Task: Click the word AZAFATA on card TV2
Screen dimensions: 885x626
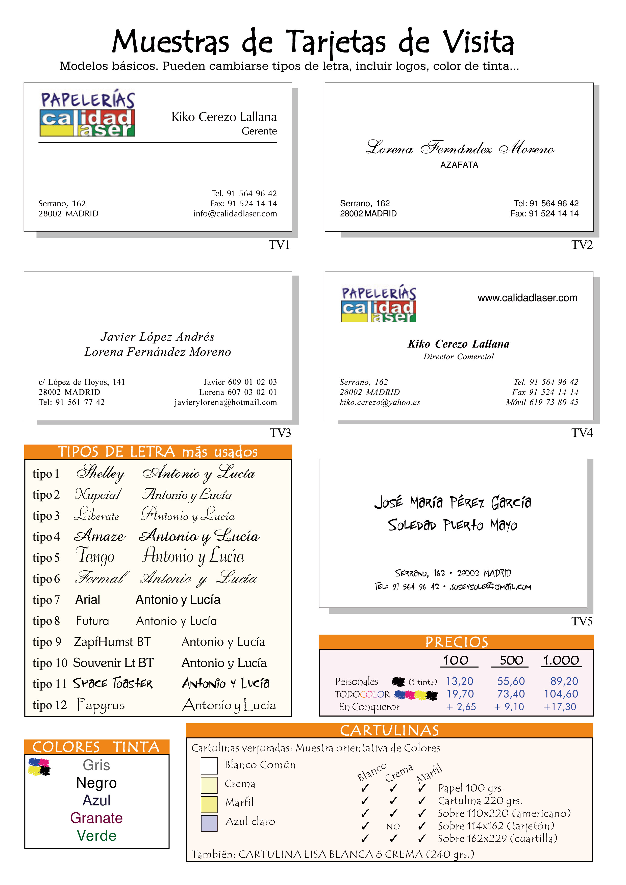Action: pyautogui.click(x=459, y=165)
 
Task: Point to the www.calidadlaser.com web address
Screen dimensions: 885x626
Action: pyautogui.click(x=527, y=298)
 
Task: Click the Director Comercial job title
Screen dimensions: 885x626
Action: pyautogui.click(x=458, y=356)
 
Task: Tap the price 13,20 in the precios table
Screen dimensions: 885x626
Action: pyautogui.click(x=459, y=681)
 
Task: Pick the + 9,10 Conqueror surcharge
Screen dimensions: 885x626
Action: pyautogui.click(x=509, y=707)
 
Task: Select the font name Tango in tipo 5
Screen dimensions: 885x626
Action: pyautogui.click(x=95, y=556)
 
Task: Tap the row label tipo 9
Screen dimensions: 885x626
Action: pyautogui.click(x=47, y=642)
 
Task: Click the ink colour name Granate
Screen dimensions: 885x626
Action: pyautogui.click(x=96, y=818)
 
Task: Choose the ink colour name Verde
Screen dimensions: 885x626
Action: pyautogui.click(x=96, y=836)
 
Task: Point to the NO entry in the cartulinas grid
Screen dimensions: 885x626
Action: pyautogui.click(x=393, y=826)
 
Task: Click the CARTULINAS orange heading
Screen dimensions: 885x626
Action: pyautogui.click(x=389, y=730)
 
